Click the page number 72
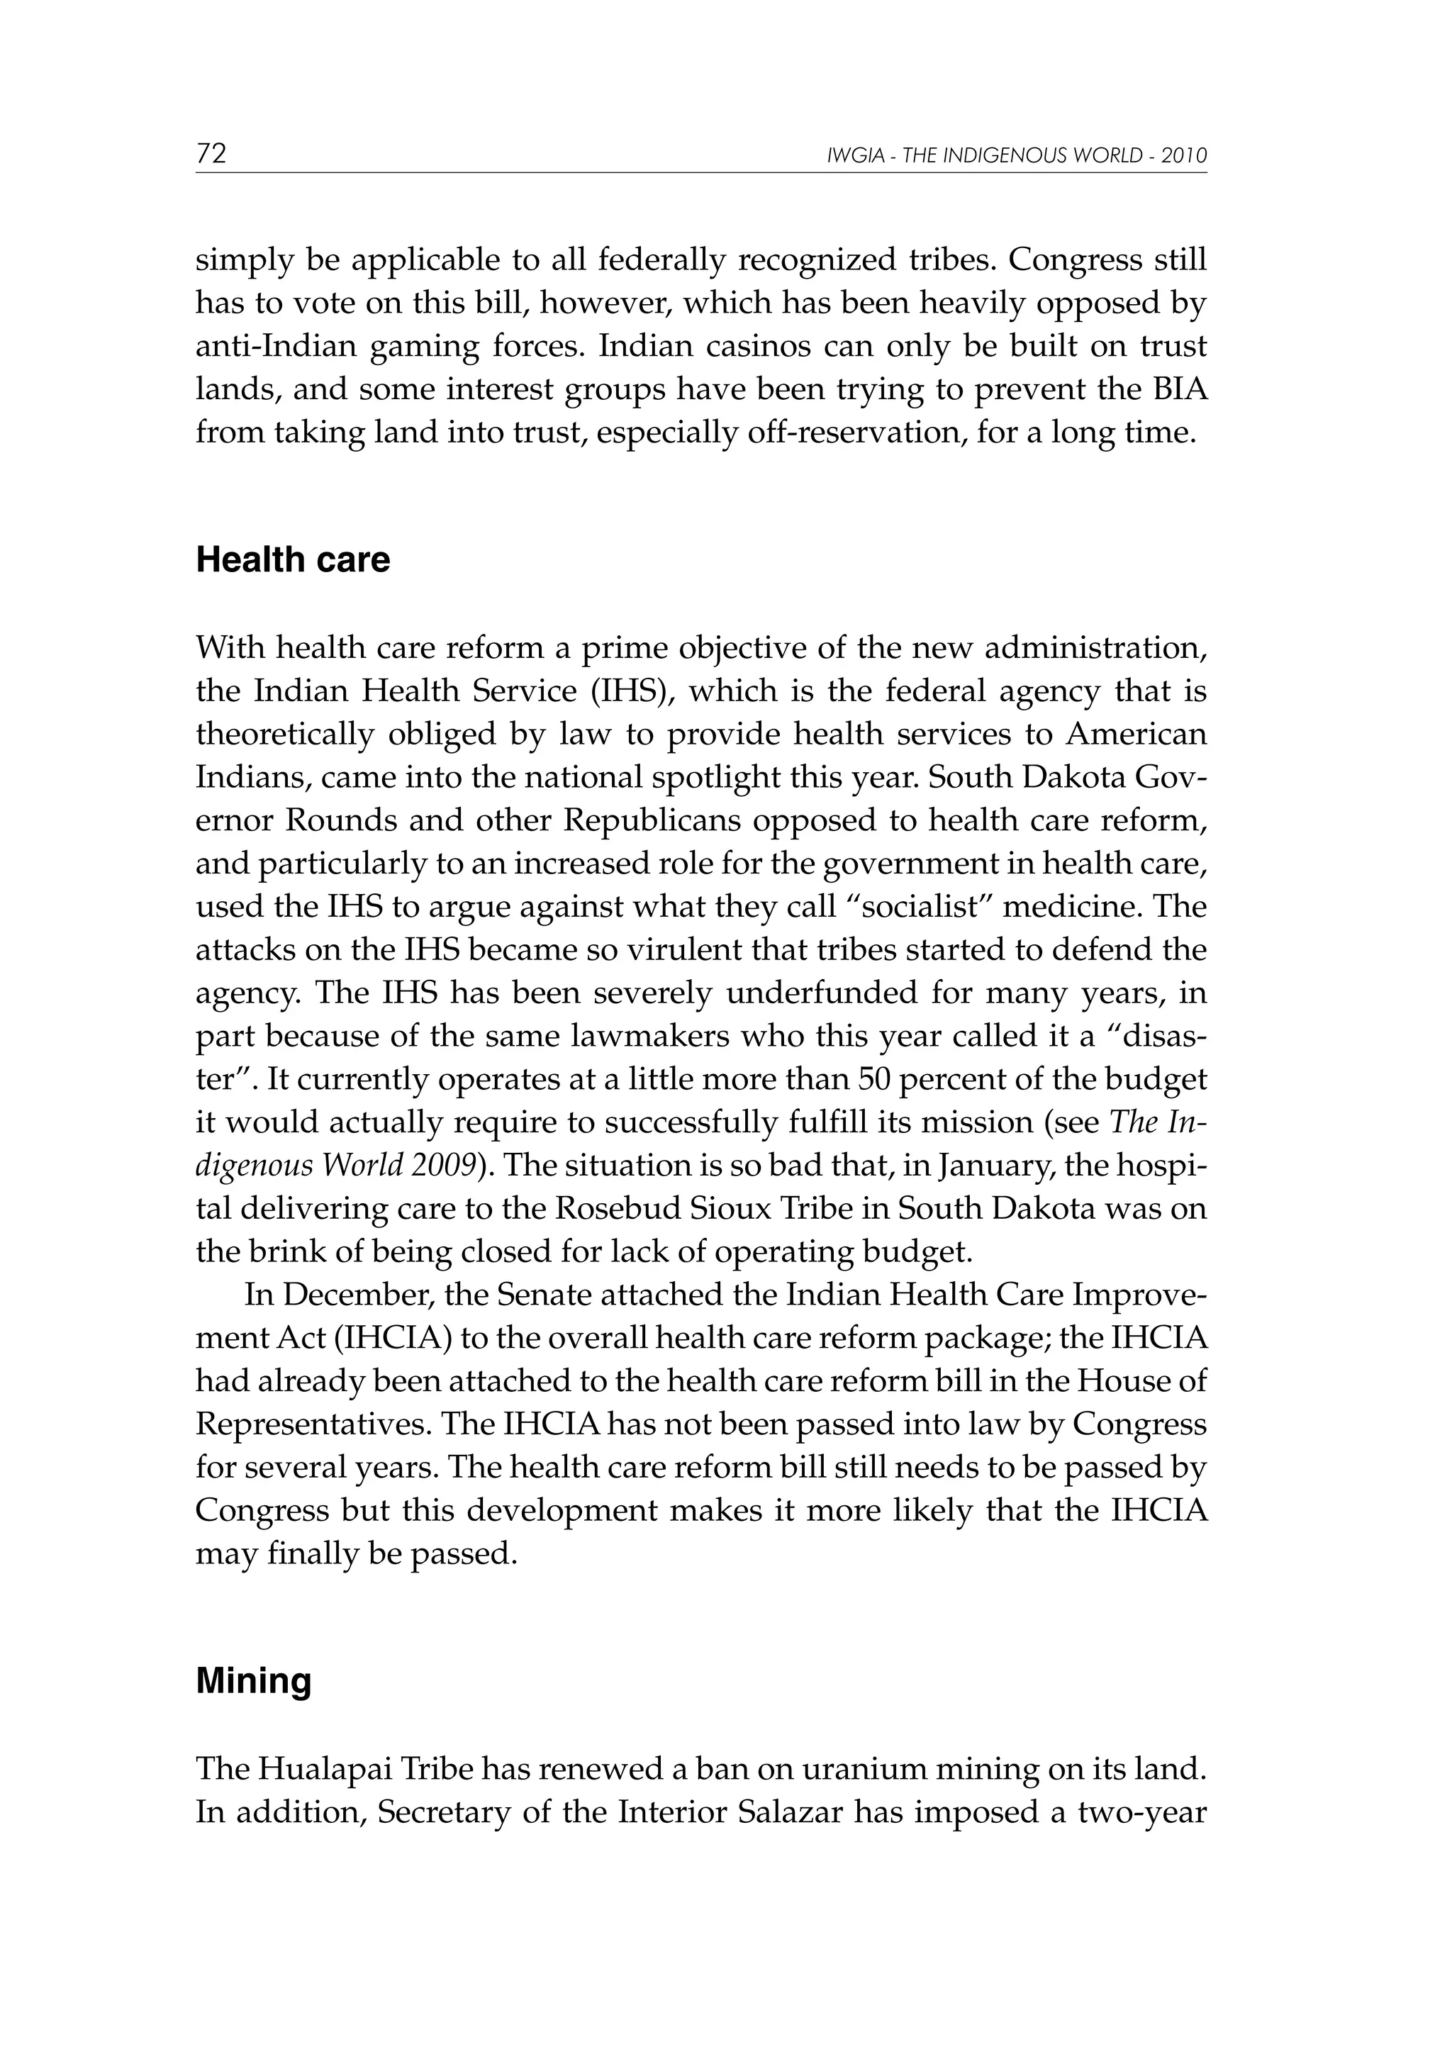(x=211, y=154)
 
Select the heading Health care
(x=293, y=560)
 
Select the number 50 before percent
(x=875, y=1080)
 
